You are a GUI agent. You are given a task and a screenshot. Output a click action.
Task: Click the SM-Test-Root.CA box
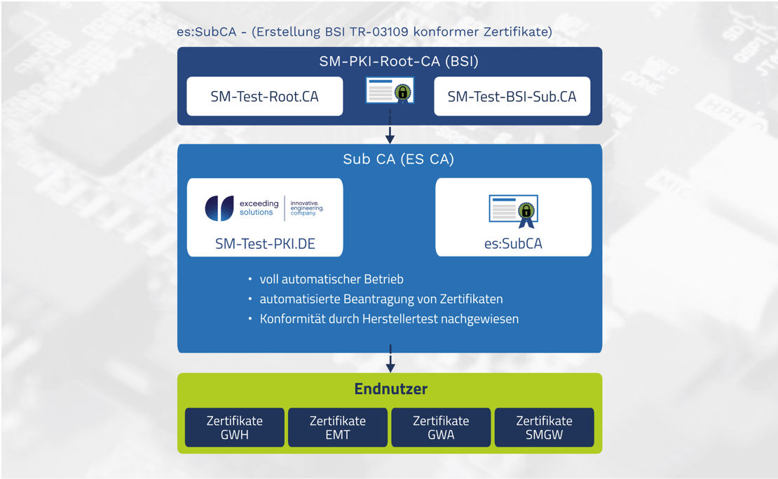[264, 97]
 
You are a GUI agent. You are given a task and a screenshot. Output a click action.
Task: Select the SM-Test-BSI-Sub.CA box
[512, 97]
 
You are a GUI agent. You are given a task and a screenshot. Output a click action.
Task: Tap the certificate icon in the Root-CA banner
[390, 91]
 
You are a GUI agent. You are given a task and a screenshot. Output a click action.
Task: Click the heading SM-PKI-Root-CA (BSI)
[398, 61]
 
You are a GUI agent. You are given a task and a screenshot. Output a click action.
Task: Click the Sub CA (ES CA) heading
[398, 159]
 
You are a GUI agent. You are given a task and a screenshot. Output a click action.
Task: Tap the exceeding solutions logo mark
[219, 208]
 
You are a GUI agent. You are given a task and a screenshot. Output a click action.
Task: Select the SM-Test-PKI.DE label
[265, 244]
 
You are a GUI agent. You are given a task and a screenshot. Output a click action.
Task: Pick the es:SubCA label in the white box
[513, 244]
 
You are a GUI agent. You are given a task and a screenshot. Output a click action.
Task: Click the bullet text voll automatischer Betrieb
[332, 279]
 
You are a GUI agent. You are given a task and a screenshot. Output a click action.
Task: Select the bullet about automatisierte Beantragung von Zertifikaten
[381, 299]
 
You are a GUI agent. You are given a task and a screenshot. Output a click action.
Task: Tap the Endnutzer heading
[390, 389]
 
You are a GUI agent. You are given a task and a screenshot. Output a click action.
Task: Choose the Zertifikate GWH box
[235, 427]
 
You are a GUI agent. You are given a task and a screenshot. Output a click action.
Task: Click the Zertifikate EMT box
[338, 427]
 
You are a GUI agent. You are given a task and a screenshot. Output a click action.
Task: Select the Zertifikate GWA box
[441, 427]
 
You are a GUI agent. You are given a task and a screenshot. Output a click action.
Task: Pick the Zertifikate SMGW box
[544, 427]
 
